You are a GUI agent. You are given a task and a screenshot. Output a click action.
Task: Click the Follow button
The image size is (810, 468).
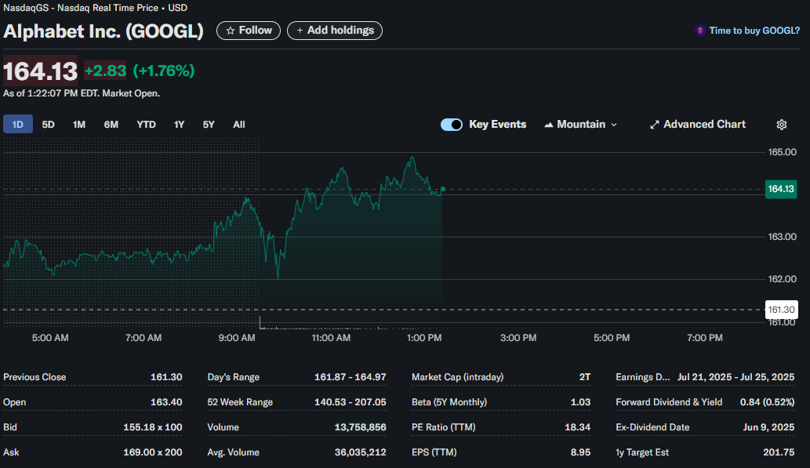pos(249,31)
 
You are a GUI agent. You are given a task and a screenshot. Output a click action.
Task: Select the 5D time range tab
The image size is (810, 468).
pos(49,125)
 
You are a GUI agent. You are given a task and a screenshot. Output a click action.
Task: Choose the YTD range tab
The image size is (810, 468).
pos(146,125)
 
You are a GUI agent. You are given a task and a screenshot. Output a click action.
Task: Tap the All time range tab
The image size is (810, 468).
pos(239,125)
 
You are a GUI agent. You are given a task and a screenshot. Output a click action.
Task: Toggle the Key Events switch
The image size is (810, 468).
pos(452,125)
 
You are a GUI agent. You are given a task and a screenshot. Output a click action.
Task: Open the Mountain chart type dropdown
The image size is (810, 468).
pos(580,125)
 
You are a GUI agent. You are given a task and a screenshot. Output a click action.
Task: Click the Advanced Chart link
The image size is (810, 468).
pos(698,125)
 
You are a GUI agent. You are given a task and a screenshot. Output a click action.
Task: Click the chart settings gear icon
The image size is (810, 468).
pos(781,125)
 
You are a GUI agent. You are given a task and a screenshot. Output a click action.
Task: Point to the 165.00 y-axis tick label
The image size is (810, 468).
pos(781,152)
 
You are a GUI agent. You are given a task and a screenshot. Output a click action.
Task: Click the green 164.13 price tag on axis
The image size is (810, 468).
pos(781,189)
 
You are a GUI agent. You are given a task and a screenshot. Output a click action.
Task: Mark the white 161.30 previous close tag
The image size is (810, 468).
pos(781,310)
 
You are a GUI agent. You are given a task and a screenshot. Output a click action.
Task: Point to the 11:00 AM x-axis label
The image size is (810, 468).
pos(331,338)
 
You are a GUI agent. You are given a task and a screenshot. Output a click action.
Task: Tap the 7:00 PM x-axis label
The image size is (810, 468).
pos(705,338)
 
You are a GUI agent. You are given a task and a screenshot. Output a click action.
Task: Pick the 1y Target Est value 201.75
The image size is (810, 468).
pos(779,452)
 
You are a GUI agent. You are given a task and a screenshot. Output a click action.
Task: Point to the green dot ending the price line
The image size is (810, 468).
pos(443,189)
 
